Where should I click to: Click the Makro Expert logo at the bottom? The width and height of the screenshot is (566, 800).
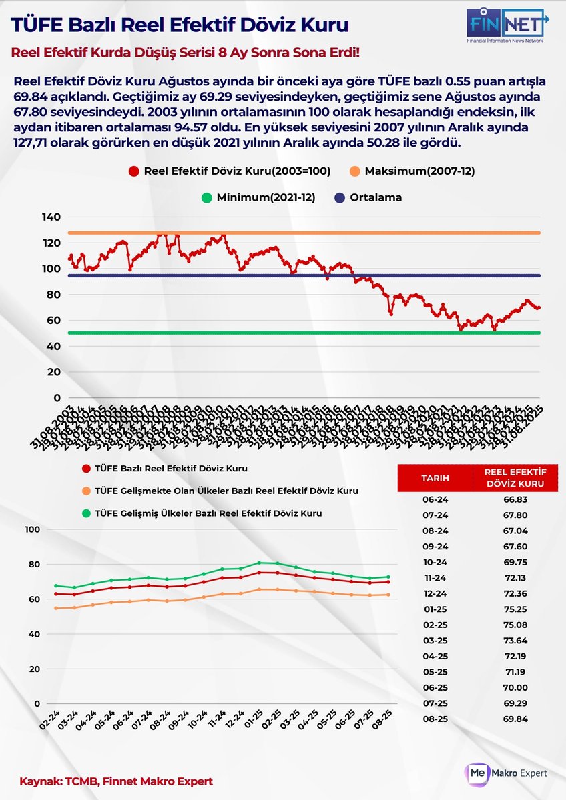[x=507, y=773]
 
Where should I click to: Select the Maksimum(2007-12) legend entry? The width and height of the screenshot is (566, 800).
[x=412, y=171]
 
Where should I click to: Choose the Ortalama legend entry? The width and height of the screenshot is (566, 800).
[x=370, y=197]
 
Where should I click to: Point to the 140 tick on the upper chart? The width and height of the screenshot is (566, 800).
[x=51, y=217]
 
